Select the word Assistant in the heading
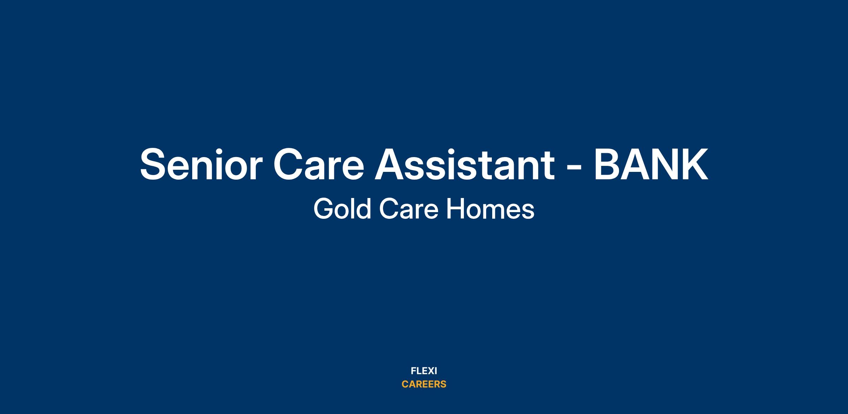click(x=464, y=164)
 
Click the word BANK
click(x=651, y=165)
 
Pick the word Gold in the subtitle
click(x=342, y=209)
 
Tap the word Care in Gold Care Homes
click(x=409, y=209)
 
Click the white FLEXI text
click(x=424, y=371)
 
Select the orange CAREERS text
click(x=424, y=384)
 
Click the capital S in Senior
click(x=154, y=165)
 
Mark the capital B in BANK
click(x=607, y=165)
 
